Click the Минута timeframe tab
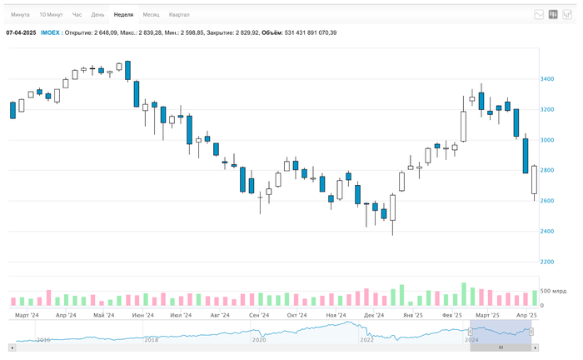[x=19, y=15]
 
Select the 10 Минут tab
[x=50, y=15]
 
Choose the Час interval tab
[x=77, y=15]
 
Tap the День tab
[x=98, y=15]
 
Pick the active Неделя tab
[x=123, y=15]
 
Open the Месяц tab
[x=151, y=15]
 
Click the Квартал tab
[x=179, y=15]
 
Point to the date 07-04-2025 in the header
[x=21, y=32]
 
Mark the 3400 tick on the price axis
[x=547, y=79]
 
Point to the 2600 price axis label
[x=547, y=201]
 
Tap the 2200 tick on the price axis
[x=547, y=262]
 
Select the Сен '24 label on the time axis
[x=259, y=316]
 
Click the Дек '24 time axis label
[x=374, y=316]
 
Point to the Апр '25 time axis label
[x=526, y=316]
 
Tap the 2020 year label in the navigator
[x=259, y=340]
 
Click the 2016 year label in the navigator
[x=43, y=340]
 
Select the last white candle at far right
[x=534, y=181]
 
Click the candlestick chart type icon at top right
[x=553, y=15]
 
